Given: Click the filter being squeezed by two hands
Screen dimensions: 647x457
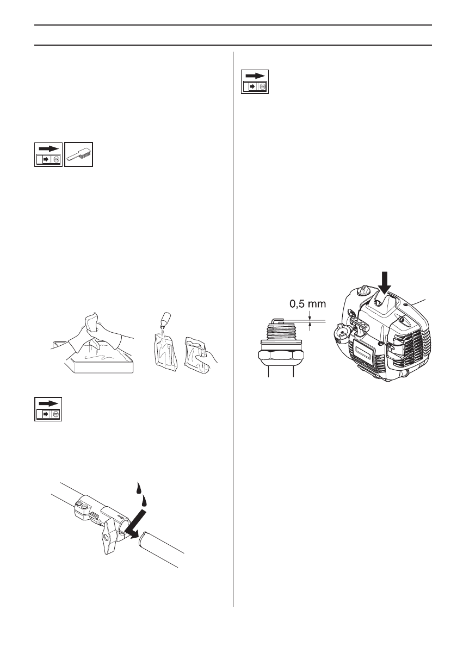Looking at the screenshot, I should pyautogui.click(x=93, y=326).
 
